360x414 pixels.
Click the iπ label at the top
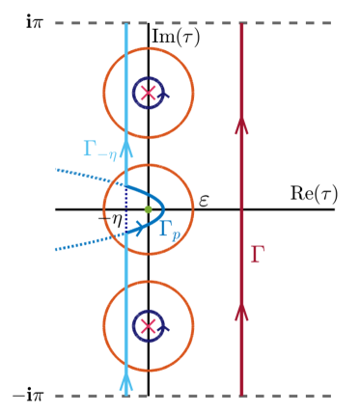pos(34,20)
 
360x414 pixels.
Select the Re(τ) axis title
pos(314,193)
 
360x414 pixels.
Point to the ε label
pos(204,201)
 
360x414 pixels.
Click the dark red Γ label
pos(257,255)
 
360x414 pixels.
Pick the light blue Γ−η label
pos(100,148)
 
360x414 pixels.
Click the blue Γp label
pos(169,230)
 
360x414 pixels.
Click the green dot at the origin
pos(148,208)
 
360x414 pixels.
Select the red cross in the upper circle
pos(148,93)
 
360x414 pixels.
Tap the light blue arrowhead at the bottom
pos(126,382)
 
